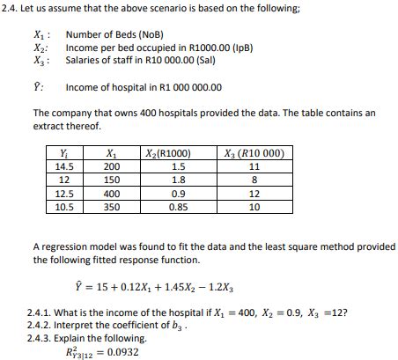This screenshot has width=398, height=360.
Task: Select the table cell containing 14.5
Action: click(x=64, y=165)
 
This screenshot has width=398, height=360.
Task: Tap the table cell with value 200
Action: click(x=112, y=165)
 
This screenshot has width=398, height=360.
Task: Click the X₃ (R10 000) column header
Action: click(x=255, y=152)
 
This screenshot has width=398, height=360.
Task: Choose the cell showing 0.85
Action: click(x=179, y=208)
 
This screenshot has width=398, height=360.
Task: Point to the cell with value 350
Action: click(x=112, y=208)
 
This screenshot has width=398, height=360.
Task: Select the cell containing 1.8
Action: click(x=179, y=180)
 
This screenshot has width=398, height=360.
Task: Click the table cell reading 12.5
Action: click(x=64, y=194)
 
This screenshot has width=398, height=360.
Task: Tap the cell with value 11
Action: click(x=255, y=165)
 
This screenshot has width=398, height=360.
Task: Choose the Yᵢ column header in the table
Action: click(x=64, y=152)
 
